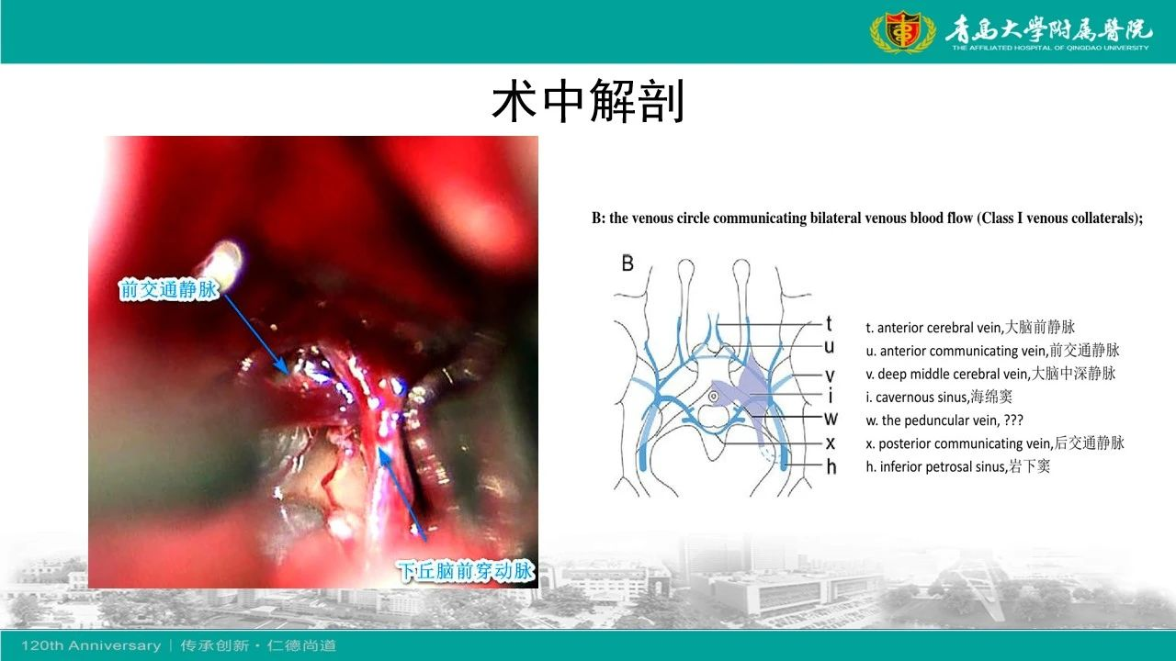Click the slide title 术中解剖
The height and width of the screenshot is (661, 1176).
(588, 101)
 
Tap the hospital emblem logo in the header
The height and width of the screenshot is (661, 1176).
(902, 31)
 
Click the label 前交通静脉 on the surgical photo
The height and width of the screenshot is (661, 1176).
(168, 289)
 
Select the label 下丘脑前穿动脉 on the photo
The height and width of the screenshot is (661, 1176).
(465, 570)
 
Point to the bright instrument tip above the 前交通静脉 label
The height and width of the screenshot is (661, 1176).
(226, 260)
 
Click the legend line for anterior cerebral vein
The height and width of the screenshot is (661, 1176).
(970, 328)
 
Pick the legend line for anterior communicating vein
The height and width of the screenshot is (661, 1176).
(992, 351)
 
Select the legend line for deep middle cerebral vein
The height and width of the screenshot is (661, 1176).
(990, 374)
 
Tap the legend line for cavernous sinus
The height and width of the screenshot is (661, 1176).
(939, 397)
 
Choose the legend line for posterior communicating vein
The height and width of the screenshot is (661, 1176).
(995, 443)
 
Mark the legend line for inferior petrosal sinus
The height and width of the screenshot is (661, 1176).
(957, 466)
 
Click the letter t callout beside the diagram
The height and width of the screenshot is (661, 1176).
(829, 324)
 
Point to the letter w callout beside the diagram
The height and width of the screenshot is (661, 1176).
(831, 419)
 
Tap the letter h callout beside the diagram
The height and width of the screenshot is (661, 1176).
(831, 465)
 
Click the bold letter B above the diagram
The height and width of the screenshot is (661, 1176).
(628, 263)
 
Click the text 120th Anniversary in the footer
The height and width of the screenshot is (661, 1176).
(91, 645)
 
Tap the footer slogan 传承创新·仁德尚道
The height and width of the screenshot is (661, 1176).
(258, 645)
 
